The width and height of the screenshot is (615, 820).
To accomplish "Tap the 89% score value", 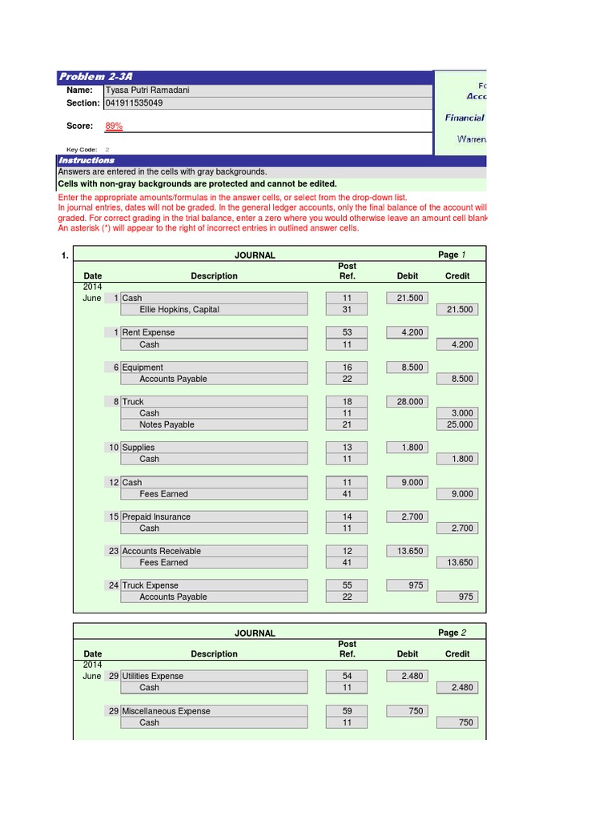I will [114, 127].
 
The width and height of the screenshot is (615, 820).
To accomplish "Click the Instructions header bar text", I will [86, 161].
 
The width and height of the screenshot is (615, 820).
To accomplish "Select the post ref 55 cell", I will [348, 585].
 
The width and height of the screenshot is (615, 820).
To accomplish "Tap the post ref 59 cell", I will [348, 711].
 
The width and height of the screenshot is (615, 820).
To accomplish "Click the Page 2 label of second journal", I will [452, 633].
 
